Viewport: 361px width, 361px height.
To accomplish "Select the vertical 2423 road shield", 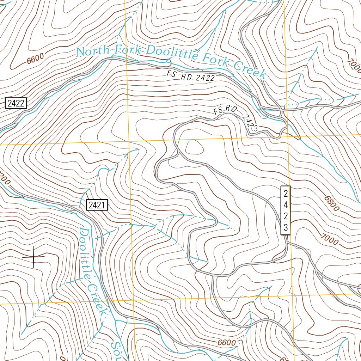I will point(286,210).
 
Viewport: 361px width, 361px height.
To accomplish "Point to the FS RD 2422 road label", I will point(191,76).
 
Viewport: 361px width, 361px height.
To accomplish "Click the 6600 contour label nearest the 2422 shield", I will point(35,58).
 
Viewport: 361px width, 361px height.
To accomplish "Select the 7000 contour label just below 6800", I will point(329,239).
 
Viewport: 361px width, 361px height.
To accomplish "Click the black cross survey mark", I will point(33,257).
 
